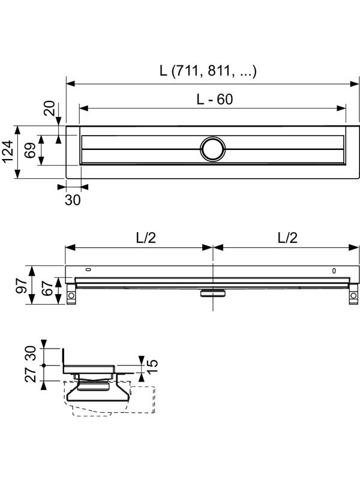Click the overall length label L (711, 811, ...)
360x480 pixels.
208,71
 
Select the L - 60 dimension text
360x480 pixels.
215,99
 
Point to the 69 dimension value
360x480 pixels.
30,151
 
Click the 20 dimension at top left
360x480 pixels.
49,108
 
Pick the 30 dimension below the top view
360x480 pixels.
73,200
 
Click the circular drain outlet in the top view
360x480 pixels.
213,149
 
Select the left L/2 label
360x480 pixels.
146,238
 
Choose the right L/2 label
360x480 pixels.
287,238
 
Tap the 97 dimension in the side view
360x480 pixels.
22,286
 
